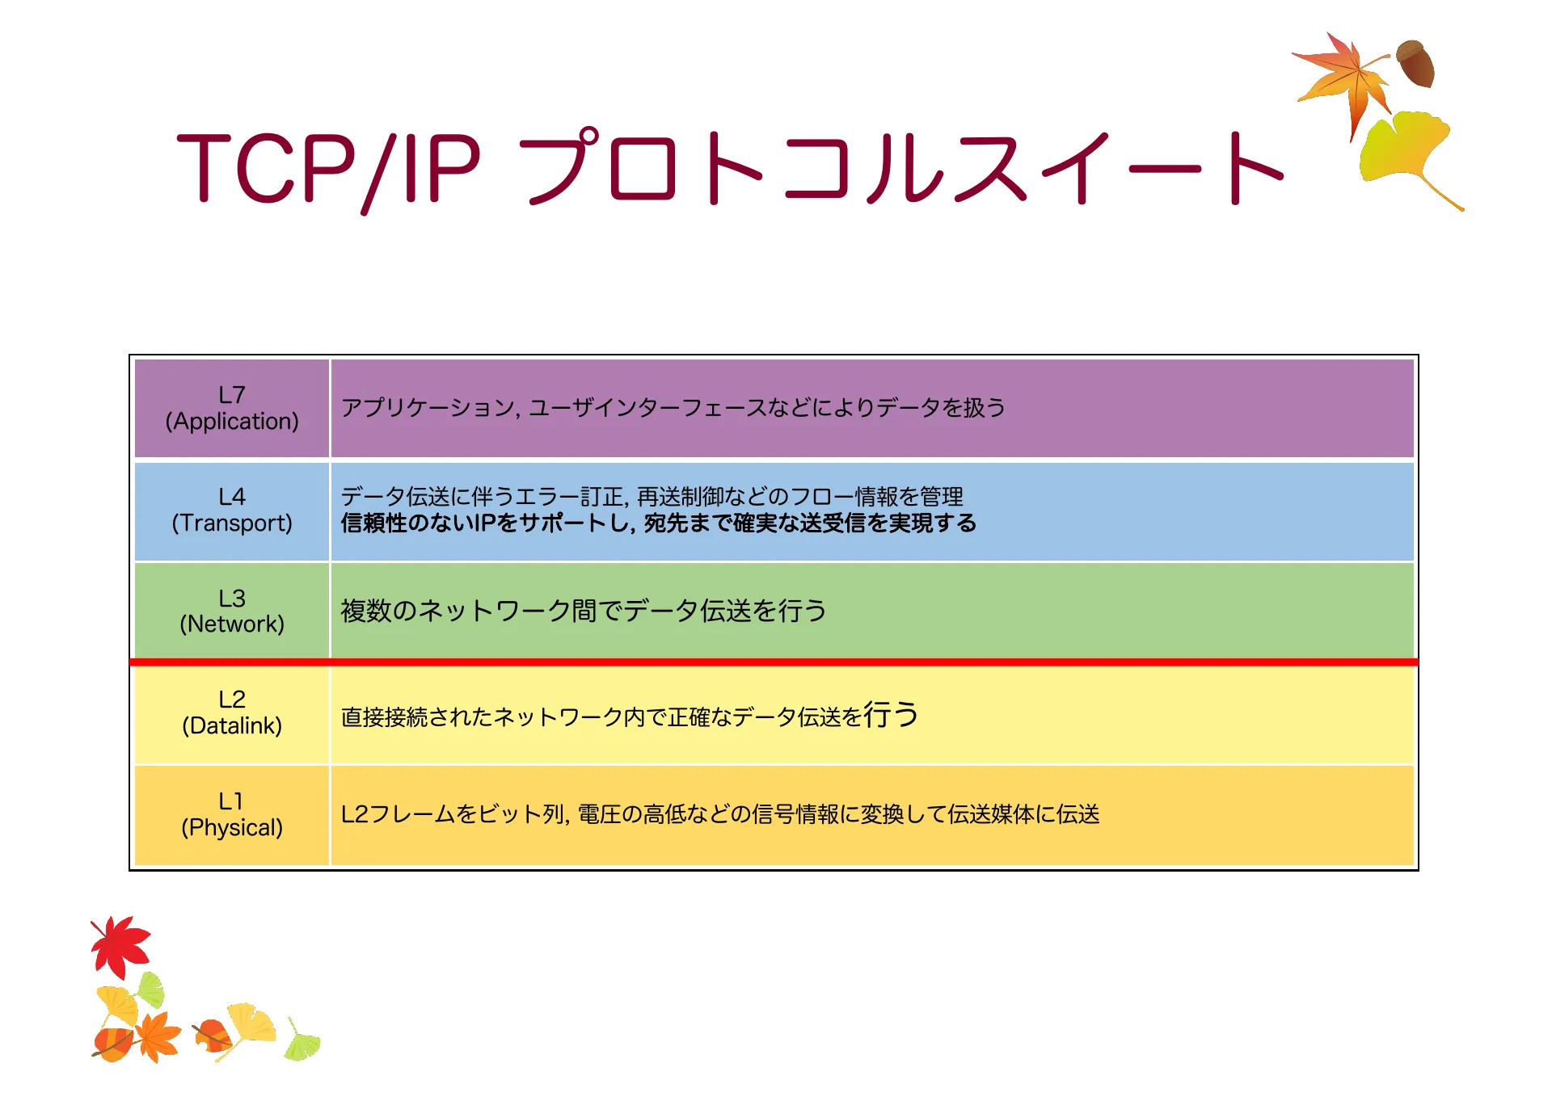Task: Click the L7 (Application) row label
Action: tap(231, 408)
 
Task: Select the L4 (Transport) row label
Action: tap(231, 510)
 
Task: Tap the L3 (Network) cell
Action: tap(231, 611)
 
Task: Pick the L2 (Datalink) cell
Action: tap(231, 712)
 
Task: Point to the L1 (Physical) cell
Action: tap(231, 814)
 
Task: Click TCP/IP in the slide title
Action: tap(327, 168)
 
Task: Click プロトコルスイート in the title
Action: tap(897, 168)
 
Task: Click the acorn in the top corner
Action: tap(1416, 63)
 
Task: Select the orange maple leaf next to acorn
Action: tap(1346, 77)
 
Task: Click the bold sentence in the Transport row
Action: tap(658, 523)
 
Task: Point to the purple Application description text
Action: tap(673, 408)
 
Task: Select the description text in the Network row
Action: tap(584, 611)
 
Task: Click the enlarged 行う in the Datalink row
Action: tap(891, 714)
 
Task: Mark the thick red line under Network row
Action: tap(774, 662)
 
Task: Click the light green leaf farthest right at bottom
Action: tap(302, 1042)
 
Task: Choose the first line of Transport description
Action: tap(652, 496)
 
